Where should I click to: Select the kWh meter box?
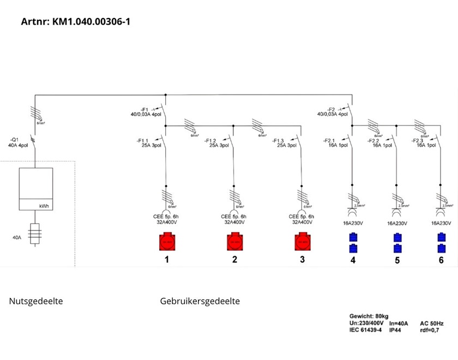[36, 189]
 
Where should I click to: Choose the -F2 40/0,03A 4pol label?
[332, 111]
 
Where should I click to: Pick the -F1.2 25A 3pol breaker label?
[216, 143]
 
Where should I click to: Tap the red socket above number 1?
[167, 242]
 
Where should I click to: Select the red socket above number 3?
[302, 242]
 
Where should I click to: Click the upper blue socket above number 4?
[353, 237]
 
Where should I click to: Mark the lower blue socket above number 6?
[441, 249]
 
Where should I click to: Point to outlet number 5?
[397, 261]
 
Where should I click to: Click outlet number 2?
[234, 260]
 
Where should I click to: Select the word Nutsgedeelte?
[36, 301]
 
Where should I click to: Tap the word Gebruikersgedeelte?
[200, 301]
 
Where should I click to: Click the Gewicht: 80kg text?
[369, 316]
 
